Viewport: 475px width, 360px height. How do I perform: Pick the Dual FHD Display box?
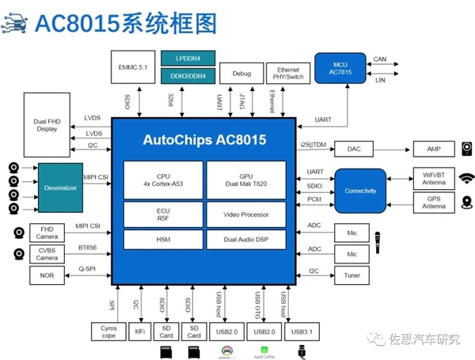click(47, 124)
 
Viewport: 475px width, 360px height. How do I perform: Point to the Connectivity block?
click(360, 191)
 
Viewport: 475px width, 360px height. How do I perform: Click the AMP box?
click(433, 148)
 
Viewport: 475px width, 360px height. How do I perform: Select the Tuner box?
click(351, 275)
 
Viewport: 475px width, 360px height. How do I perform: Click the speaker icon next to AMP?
click(467, 148)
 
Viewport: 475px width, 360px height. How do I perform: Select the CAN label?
click(379, 59)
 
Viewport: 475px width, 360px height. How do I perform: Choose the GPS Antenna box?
click(433, 203)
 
